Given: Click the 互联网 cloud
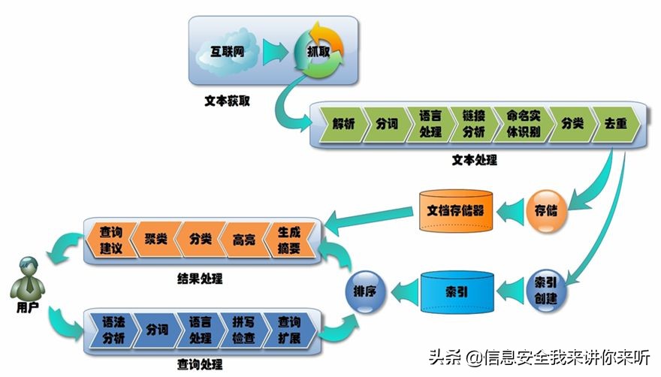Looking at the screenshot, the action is tap(227, 52).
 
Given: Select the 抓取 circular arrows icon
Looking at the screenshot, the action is tap(319, 52).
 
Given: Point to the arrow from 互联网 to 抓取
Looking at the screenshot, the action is tap(275, 52).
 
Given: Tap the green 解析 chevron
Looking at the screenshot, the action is tap(342, 124).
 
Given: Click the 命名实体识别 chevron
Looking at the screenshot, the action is tap(523, 124).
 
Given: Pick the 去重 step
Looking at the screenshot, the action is tap(615, 124).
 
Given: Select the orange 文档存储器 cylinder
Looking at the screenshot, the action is tap(456, 210).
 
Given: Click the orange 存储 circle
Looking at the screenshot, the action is tap(546, 210).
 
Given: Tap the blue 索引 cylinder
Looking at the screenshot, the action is tap(457, 292).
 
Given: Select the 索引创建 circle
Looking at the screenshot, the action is tap(546, 290).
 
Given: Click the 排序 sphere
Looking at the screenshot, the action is tap(365, 291).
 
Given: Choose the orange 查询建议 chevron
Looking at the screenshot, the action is tap(111, 240).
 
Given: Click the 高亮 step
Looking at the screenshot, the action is tap(244, 240).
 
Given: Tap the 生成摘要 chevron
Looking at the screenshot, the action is tap(289, 240).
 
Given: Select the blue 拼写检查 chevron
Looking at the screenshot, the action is tap(243, 330).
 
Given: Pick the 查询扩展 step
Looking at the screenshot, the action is tap(289, 330).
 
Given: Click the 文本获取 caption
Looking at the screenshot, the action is tap(227, 101).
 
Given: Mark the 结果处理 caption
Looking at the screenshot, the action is tap(200, 279).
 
